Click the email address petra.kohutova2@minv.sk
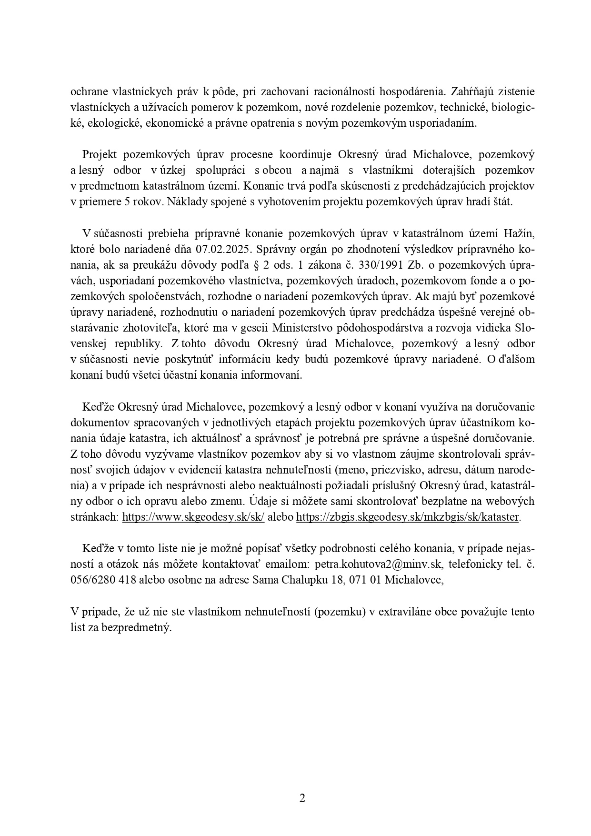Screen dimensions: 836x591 tap(379, 564)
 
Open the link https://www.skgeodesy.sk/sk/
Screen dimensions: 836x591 tap(193, 517)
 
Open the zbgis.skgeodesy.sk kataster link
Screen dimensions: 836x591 tap(408, 517)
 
